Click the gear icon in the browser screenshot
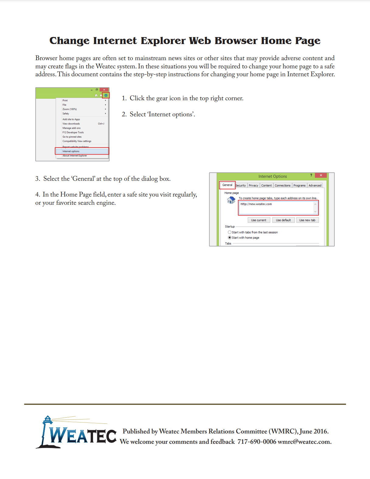tap(106, 95)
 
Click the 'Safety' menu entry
tap(66, 114)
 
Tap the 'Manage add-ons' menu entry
tap(71, 128)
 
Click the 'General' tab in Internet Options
tap(227, 185)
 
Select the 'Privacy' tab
tap(253, 186)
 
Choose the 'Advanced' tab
tap(315, 186)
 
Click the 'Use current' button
tap(258, 220)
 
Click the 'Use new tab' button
tap(307, 220)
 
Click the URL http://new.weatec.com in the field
tap(256, 204)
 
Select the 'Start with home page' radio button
tap(230, 238)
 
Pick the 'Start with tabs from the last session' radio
tap(230, 232)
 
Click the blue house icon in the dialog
tap(231, 200)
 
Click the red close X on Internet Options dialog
tap(321, 175)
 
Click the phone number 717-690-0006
tap(257, 442)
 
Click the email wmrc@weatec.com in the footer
tap(304, 442)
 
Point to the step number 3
tap(37, 179)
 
